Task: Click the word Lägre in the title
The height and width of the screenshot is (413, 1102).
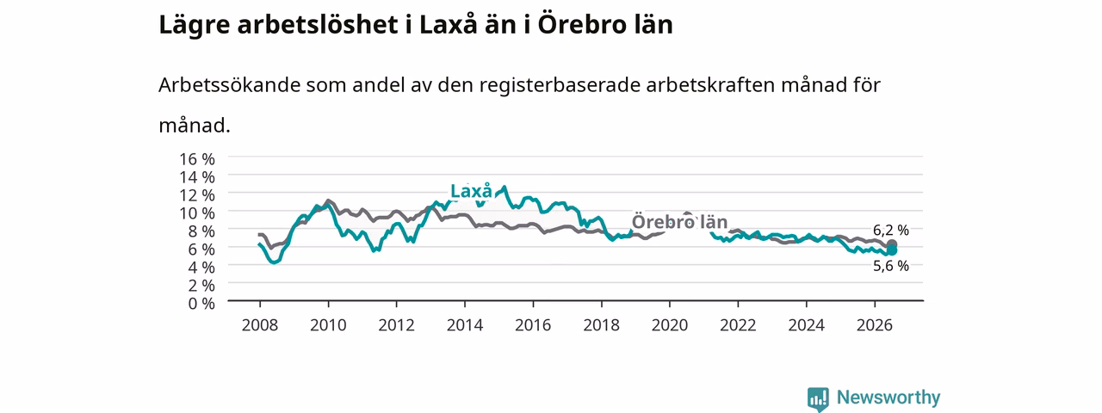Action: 195,26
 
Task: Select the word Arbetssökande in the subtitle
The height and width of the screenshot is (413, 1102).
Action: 228,85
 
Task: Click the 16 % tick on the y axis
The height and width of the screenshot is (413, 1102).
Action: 197,159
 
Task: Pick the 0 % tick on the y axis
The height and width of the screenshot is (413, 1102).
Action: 201,304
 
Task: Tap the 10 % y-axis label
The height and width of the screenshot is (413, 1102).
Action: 197,213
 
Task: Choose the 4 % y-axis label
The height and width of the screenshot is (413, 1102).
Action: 201,267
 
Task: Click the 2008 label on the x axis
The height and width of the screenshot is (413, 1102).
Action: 260,325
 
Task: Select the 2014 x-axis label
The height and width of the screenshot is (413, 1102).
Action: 465,325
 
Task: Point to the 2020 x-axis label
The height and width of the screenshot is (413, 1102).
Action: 670,325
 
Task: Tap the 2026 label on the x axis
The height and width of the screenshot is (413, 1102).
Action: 875,325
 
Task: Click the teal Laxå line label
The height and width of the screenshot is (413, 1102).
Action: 471,191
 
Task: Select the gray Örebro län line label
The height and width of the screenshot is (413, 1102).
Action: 679,222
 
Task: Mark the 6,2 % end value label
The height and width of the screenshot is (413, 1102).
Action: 891,230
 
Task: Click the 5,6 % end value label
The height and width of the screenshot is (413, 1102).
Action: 891,266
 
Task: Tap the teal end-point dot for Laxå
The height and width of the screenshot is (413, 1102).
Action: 891,250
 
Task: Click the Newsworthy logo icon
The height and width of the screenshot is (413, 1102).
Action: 818,398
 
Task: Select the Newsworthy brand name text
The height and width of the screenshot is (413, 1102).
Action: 888,398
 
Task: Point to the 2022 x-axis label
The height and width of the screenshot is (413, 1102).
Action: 738,325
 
